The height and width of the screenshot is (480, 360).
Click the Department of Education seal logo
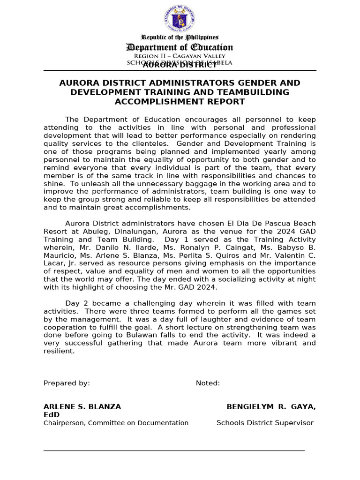pos(180,19)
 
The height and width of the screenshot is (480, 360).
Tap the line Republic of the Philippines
pos(180,37)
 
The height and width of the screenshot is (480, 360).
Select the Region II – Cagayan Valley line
pos(180,56)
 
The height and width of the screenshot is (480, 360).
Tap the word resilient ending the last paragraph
pos(59,351)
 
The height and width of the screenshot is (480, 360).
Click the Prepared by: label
pos(67,383)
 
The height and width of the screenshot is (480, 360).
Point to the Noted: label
pos(208,383)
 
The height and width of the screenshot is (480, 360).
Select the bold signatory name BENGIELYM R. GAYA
pos(271,407)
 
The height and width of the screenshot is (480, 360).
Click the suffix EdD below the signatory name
pos(52,415)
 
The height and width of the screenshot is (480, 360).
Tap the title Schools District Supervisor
pos(265,423)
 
